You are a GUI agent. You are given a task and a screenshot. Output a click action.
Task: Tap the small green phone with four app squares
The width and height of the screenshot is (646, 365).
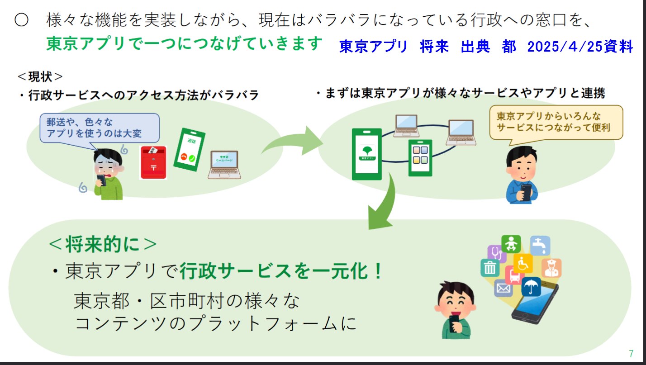point(420,157)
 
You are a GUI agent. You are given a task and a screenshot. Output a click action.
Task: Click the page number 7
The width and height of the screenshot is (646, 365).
point(631,354)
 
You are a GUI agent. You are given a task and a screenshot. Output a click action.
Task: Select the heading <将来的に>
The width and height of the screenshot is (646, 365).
point(103,245)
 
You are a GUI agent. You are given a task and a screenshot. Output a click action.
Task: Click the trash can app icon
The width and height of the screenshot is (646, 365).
point(489,268)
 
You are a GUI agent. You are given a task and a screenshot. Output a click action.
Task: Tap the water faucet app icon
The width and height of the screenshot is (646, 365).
point(540,245)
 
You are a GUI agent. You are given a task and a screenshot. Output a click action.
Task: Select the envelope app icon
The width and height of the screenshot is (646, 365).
point(503,288)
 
